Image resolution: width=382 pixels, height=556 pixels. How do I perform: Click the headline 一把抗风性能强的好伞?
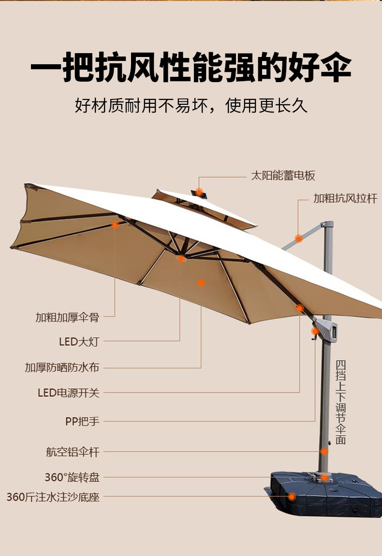pyautogui.click(x=191, y=69)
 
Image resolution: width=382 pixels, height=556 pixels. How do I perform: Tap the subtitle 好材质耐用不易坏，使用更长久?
pyautogui.click(x=191, y=105)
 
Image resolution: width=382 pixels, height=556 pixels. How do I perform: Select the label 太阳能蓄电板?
pyautogui.click(x=283, y=176)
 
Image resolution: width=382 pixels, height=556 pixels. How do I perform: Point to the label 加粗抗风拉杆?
pyautogui.click(x=345, y=199)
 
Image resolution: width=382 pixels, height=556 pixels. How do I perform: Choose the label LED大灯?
pyautogui.click(x=79, y=342)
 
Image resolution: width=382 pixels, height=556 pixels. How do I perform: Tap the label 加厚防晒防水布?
pyautogui.click(x=62, y=368)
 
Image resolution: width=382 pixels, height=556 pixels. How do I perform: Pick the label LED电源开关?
pyautogui.click(x=69, y=393)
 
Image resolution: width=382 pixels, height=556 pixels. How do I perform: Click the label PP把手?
pyautogui.click(x=82, y=421)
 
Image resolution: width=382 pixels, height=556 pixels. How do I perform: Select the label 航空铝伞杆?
pyautogui.click(x=73, y=453)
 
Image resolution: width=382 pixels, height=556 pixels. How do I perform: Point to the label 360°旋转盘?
pyautogui.click(x=72, y=478)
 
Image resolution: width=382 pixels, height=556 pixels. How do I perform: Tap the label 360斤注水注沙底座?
pyautogui.click(x=53, y=497)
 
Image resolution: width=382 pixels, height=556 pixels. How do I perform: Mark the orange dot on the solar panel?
pyautogui.click(x=199, y=192)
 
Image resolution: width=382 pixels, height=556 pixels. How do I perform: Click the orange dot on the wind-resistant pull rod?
pyautogui.click(x=299, y=238)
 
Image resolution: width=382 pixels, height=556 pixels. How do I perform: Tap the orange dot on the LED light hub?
pyautogui.click(x=181, y=258)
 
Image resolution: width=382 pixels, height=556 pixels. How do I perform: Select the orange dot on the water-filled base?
pyautogui.click(x=292, y=496)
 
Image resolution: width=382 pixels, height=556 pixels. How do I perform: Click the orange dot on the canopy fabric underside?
pyautogui.click(x=201, y=283)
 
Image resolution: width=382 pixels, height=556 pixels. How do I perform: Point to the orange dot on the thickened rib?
pyautogui.click(x=115, y=225)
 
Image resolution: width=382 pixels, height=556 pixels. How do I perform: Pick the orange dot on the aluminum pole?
pyautogui.click(x=324, y=452)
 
